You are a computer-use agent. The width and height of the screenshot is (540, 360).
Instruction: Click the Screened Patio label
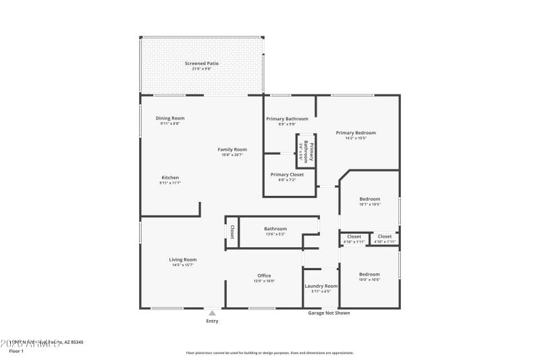click(202, 63)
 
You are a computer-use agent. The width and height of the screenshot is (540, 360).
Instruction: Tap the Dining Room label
click(170, 118)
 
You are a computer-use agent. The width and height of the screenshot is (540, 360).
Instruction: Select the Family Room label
click(232, 149)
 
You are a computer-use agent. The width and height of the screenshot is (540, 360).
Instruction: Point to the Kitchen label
click(170, 178)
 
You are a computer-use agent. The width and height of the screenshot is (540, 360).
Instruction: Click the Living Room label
click(182, 259)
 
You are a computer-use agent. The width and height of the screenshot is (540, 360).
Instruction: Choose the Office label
click(264, 275)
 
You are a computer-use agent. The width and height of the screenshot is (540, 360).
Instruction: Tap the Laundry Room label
click(321, 286)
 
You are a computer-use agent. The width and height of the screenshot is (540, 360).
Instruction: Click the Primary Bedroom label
click(356, 133)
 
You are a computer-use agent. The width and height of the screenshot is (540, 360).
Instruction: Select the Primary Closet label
click(287, 174)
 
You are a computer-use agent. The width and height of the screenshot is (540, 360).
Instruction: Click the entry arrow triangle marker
click(212, 313)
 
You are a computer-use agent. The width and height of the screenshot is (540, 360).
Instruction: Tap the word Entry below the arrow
click(212, 321)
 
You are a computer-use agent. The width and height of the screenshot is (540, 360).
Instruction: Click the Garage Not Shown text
click(329, 313)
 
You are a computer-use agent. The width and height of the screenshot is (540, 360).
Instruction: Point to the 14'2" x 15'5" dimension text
click(356, 138)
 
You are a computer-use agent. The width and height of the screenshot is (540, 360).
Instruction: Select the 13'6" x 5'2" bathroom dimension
click(275, 234)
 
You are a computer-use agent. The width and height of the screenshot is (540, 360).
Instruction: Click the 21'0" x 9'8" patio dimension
click(202, 69)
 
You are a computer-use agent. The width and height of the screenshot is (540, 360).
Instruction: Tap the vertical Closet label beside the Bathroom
click(232, 232)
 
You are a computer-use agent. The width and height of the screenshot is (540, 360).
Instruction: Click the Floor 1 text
click(16, 351)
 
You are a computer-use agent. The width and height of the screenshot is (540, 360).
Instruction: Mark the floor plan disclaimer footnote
click(269, 353)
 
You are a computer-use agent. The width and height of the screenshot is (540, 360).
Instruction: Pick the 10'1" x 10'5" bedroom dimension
click(369, 205)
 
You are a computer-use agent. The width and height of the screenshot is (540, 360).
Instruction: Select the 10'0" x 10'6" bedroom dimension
click(369, 280)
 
